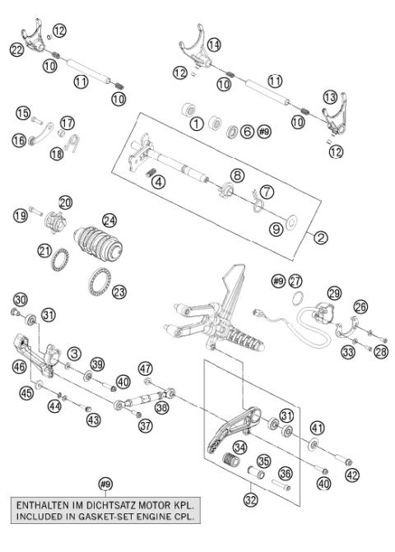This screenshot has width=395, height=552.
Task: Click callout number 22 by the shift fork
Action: tap(16, 51)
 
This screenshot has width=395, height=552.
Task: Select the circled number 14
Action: tap(214, 44)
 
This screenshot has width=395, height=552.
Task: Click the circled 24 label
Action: tap(109, 220)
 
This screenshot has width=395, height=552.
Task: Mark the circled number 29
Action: tap(334, 293)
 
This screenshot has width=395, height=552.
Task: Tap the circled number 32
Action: tap(249, 498)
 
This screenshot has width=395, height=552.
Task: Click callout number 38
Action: tap(162, 407)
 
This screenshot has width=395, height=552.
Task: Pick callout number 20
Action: tap(65, 202)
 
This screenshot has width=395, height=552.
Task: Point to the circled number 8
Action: tap(236, 174)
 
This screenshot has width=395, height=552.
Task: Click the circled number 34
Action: tap(240, 448)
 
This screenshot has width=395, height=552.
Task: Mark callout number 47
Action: tap(145, 368)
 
